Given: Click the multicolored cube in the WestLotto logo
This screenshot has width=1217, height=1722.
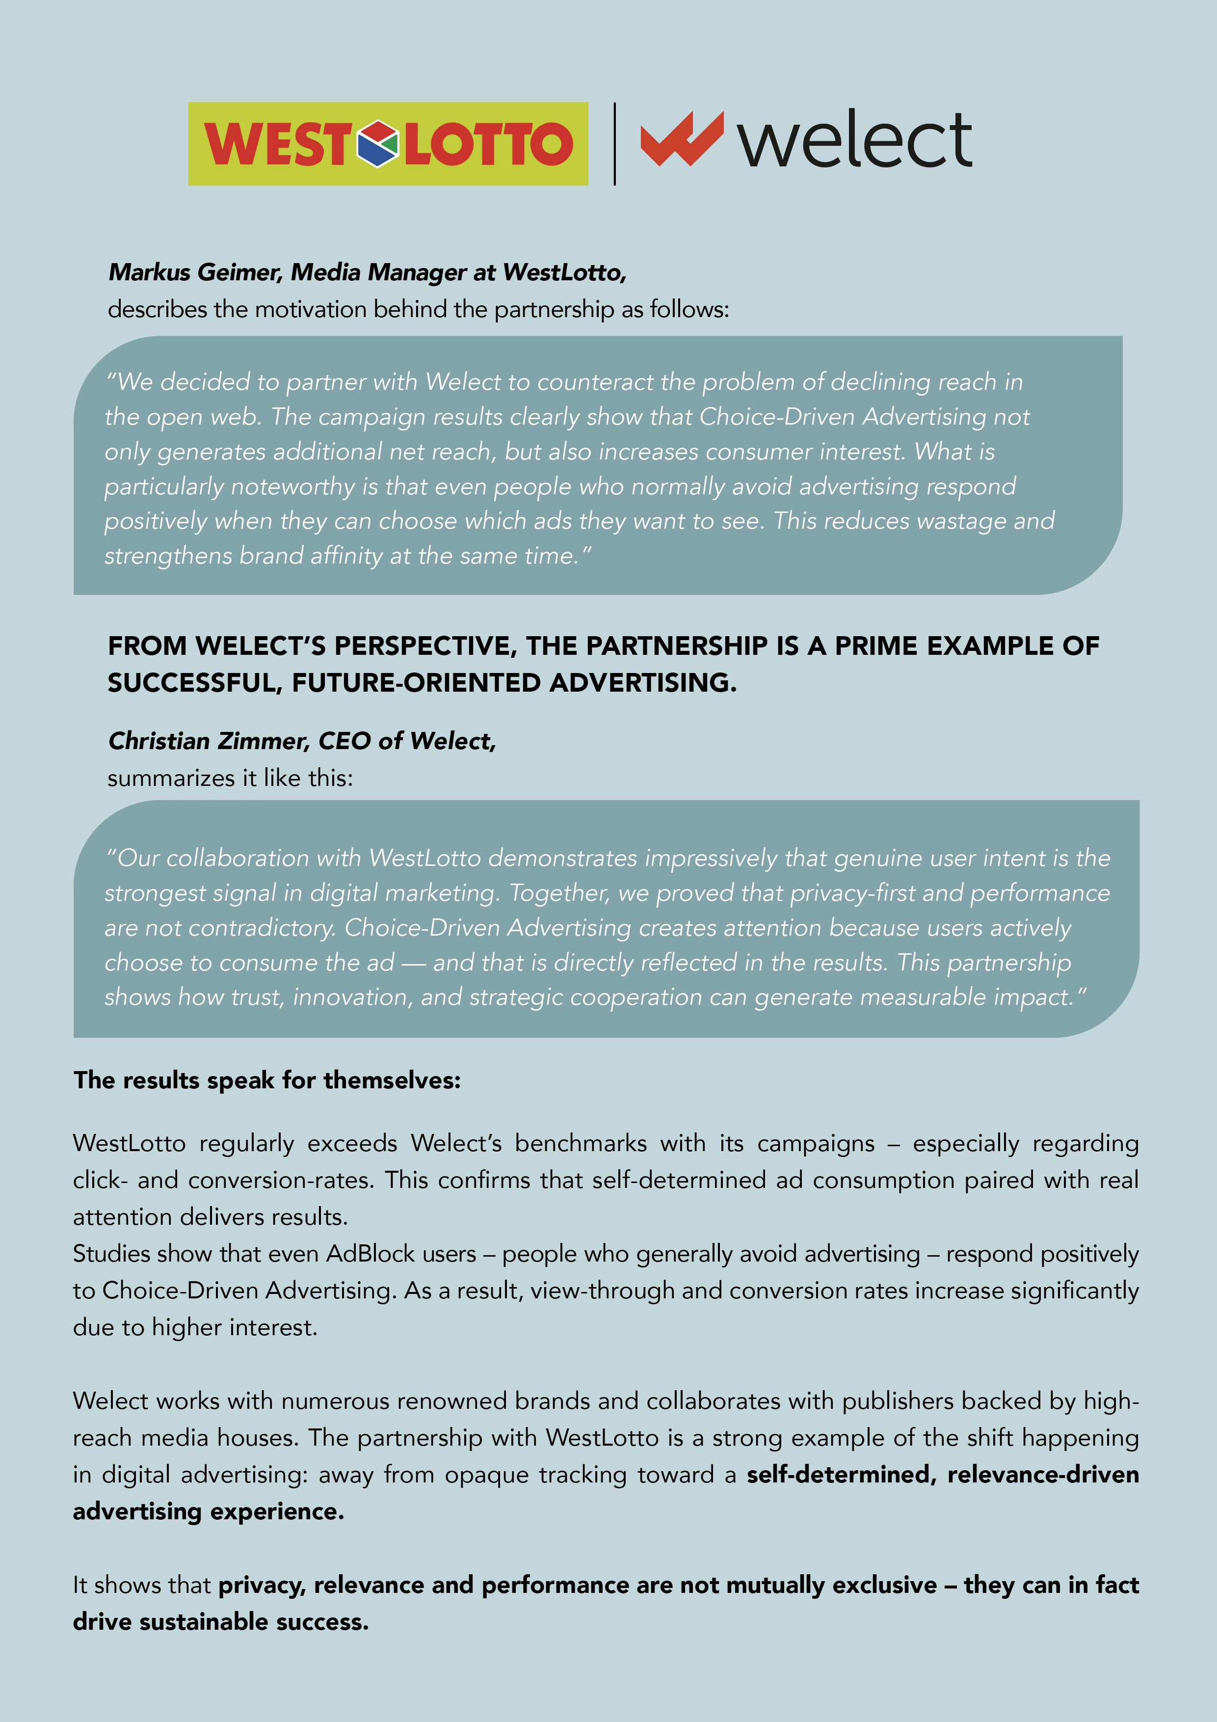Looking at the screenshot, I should (377, 142).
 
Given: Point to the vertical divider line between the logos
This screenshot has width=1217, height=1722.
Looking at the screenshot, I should (615, 143).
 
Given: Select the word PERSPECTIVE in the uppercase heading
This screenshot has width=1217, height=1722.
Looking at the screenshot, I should (423, 646).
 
